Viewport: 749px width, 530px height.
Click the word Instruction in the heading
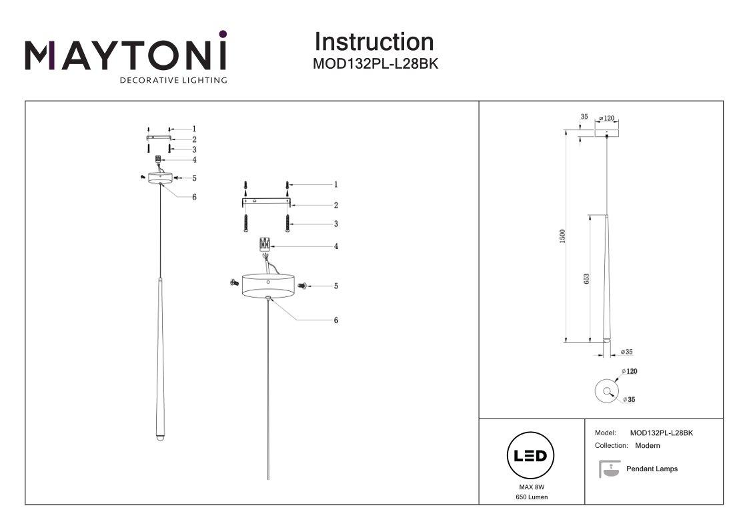click(x=373, y=42)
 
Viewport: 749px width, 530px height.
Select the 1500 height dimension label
click(x=562, y=236)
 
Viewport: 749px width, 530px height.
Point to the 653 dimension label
click(x=586, y=278)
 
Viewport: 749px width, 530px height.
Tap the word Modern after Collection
click(x=648, y=445)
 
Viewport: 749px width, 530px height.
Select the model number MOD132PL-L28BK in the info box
click(x=661, y=433)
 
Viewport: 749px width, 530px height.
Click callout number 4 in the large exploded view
click(x=336, y=246)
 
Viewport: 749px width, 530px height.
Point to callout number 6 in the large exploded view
click(x=336, y=320)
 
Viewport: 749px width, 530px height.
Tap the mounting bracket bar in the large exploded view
click(x=266, y=201)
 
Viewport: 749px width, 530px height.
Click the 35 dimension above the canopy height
click(x=584, y=117)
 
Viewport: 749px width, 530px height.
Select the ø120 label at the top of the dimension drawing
click(x=606, y=118)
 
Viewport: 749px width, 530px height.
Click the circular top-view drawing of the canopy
click(x=606, y=391)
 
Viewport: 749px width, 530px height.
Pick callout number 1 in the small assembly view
click(x=194, y=129)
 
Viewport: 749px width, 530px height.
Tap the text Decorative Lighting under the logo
click(x=173, y=81)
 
